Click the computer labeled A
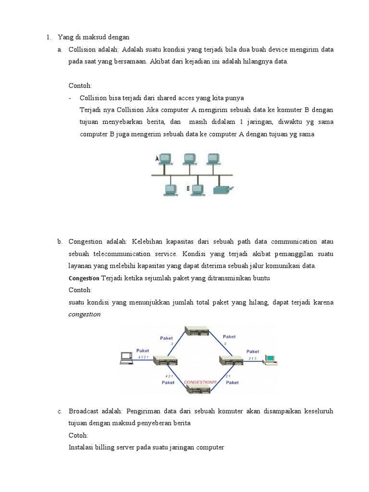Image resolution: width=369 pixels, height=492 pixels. [x=165, y=159]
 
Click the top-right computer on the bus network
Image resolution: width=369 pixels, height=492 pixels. [x=213, y=159]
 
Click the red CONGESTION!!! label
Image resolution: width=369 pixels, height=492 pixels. [x=200, y=382]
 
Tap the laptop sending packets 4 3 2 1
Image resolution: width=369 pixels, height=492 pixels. [x=127, y=357]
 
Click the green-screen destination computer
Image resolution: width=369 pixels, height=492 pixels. [x=271, y=358]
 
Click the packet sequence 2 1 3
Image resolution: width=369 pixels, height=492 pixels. [x=252, y=358]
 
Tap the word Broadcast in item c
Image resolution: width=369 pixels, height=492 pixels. [x=84, y=412]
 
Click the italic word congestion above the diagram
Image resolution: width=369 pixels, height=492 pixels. [x=85, y=315]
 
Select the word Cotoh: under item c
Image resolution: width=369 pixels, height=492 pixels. [x=78, y=435]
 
